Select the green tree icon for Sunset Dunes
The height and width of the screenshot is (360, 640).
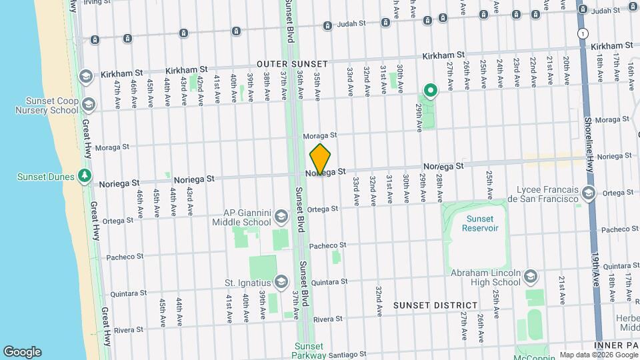click(84, 175)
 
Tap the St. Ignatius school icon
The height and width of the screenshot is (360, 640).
click(281, 283)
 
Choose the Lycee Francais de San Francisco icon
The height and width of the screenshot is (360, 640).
click(588, 193)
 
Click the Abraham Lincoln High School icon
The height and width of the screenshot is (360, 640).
click(531, 276)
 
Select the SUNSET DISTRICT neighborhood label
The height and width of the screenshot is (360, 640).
click(435, 305)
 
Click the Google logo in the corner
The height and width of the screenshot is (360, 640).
click(22, 351)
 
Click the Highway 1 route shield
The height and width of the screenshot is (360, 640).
click(584, 33)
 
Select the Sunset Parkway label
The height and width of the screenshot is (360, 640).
click(309, 351)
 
